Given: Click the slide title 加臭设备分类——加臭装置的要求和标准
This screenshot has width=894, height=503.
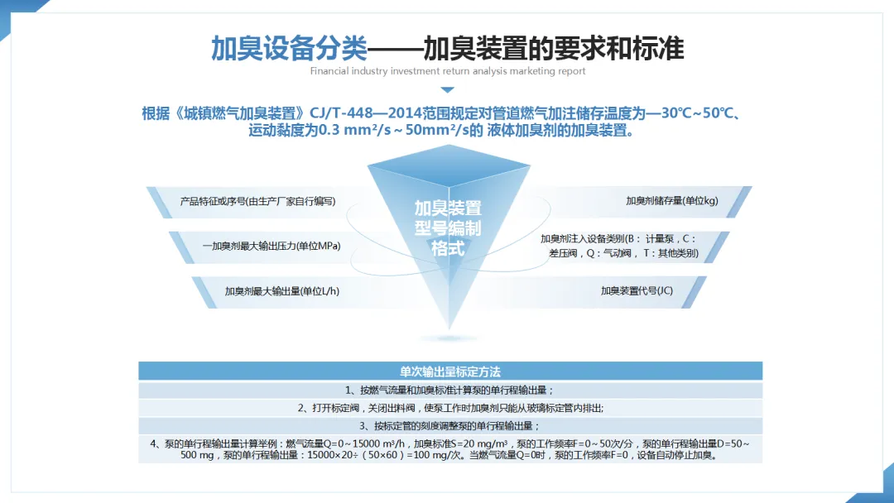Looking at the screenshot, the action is coord(447,48).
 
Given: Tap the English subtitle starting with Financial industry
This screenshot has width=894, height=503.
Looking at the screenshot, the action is coord(447,71).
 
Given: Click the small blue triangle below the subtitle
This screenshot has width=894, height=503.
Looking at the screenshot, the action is coord(447,89).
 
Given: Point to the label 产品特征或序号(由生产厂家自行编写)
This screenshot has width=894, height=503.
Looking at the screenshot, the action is coord(257,201).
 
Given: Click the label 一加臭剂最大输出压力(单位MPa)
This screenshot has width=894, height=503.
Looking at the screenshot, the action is coord(272,246).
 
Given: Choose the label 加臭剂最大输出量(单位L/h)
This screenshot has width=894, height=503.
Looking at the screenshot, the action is coord(282,290).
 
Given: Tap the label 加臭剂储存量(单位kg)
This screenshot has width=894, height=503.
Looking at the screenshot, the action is coord(671,201).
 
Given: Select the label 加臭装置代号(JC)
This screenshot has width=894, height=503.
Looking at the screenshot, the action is coord(637,290).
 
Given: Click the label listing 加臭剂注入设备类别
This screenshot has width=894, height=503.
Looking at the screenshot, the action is coord(618,247).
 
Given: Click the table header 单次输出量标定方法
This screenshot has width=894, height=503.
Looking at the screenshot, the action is coord(450,371).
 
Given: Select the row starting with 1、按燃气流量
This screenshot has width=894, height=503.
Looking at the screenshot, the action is coord(449,390).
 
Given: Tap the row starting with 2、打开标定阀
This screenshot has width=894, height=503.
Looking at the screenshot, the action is coord(450,408).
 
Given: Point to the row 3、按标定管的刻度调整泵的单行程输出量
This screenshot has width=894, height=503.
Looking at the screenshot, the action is coord(449,426).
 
